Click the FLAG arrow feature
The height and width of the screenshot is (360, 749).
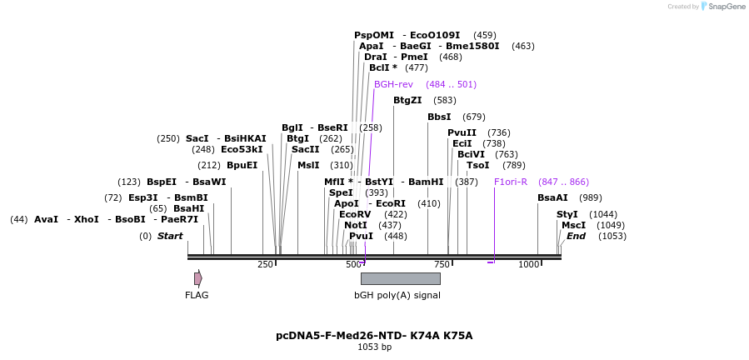pyautogui.click(x=198, y=278)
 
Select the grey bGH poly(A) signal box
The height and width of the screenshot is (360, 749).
pyautogui.click(x=400, y=278)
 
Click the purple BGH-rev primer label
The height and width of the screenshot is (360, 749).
pyautogui.click(x=393, y=84)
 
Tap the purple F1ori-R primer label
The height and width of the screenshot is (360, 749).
pyautogui.click(x=511, y=182)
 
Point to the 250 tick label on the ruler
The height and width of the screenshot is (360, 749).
pyautogui.click(x=265, y=265)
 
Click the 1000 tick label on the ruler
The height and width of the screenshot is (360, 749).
pyautogui.click(x=529, y=265)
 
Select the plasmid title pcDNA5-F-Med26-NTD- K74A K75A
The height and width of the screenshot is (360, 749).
pyautogui.click(x=374, y=336)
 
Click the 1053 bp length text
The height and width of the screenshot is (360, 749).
pyautogui.click(x=374, y=347)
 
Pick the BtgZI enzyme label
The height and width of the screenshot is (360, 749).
pyautogui.click(x=407, y=100)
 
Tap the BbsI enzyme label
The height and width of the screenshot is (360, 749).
pyautogui.click(x=439, y=117)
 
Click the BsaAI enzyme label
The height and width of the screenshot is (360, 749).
pyautogui.click(x=552, y=197)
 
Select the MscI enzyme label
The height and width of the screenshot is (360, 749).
pyautogui.click(x=573, y=225)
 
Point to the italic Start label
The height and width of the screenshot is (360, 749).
pyautogui.click(x=170, y=236)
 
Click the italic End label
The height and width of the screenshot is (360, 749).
pyautogui.click(x=576, y=236)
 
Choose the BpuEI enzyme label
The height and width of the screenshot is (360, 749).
pyautogui.click(x=242, y=165)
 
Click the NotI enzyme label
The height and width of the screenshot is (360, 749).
pyautogui.click(x=356, y=225)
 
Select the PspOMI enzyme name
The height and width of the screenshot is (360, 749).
pyautogui.click(x=374, y=35)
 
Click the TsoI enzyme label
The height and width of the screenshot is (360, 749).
pyautogui.click(x=477, y=165)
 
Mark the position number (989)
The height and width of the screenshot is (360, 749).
pyautogui.click(x=590, y=197)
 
